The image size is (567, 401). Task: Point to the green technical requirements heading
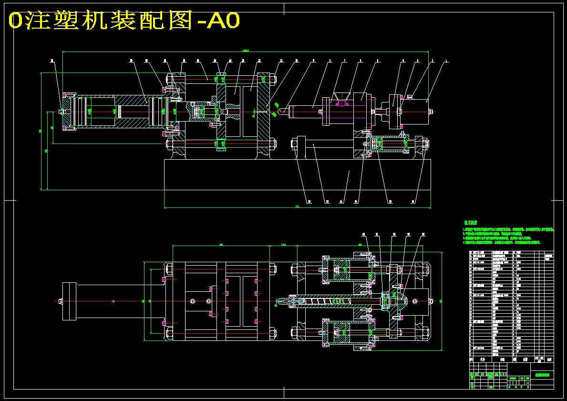click(x=471, y=223)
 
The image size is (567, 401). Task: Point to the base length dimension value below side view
click(x=298, y=207)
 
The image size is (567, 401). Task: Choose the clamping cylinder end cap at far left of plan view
click(x=69, y=301)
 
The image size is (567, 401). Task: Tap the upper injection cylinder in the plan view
click(x=347, y=270)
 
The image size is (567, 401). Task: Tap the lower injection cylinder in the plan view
click(x=347, y=332)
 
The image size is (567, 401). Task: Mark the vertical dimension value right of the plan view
click(x=440, y=300)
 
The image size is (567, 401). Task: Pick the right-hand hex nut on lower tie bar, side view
click(x=272, y=143)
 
